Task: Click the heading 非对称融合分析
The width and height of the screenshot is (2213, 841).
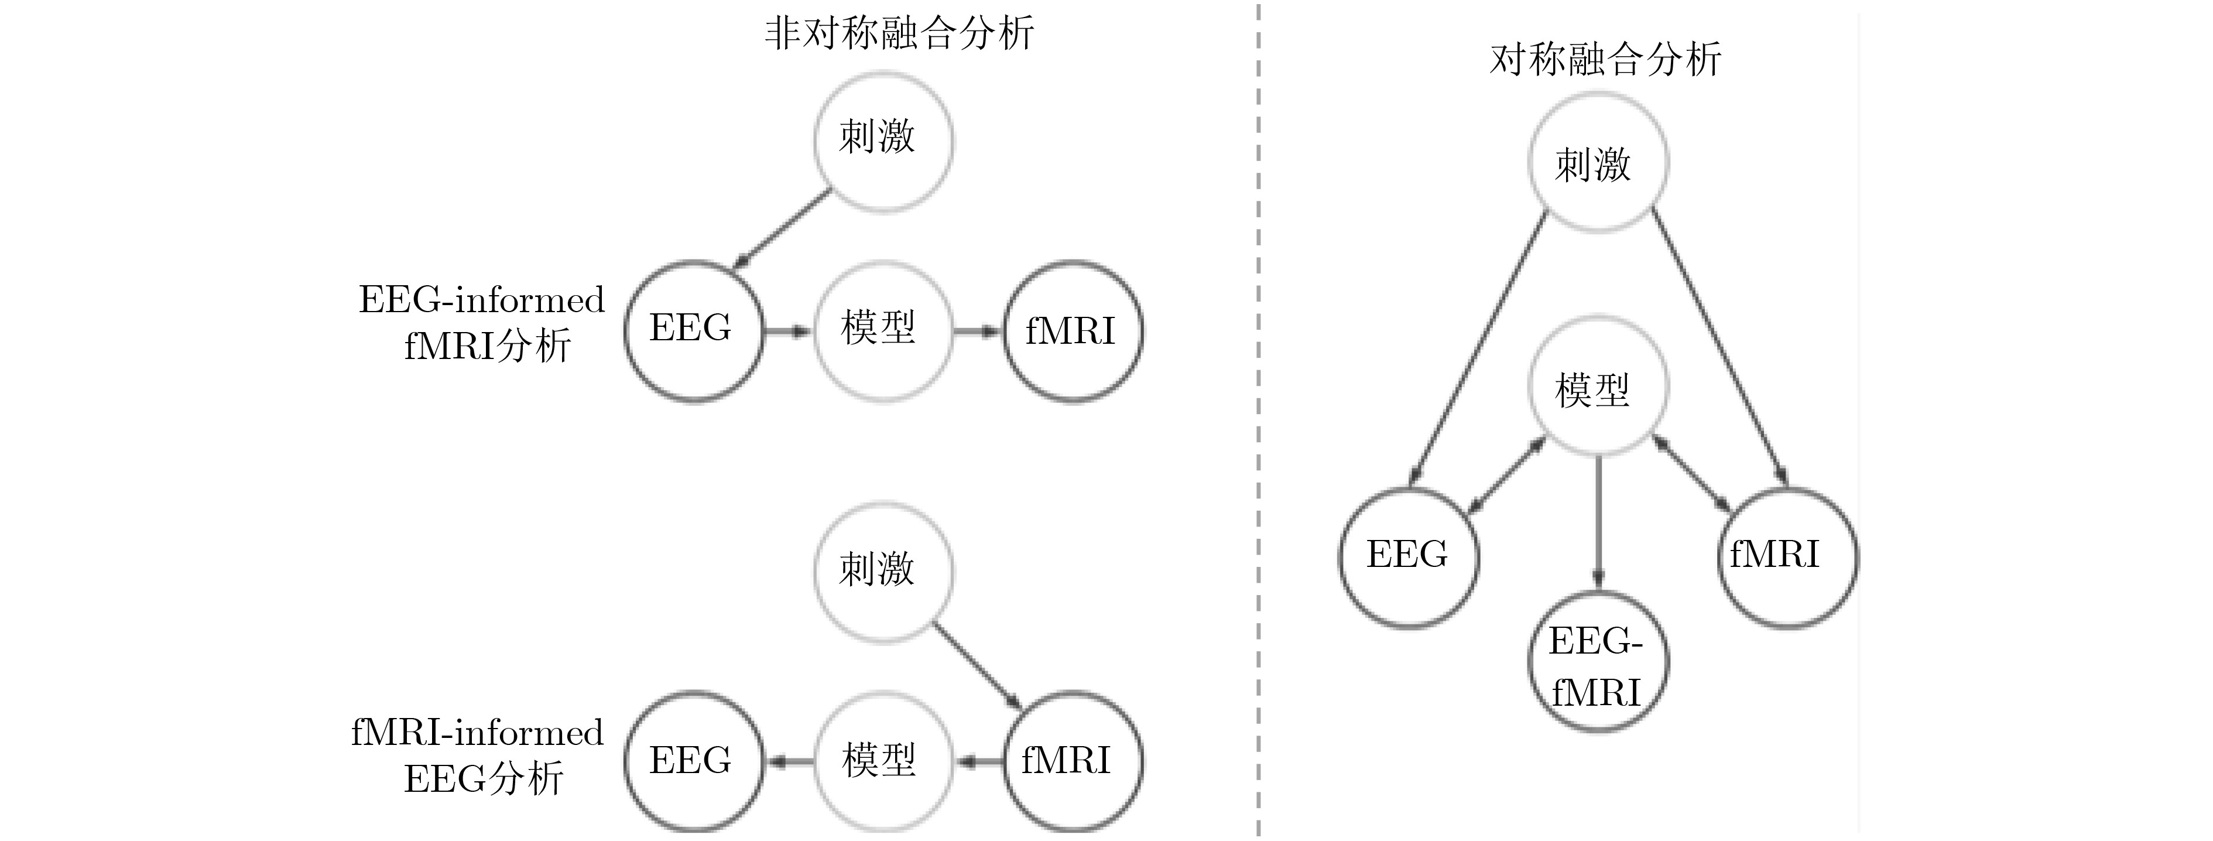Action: (x=899, y=35)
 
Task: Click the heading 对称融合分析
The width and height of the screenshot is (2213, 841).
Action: (x=1605, y=59)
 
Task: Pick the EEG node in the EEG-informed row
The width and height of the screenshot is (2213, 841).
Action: (x=693, y=330)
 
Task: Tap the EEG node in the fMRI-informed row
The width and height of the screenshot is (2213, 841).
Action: (x=693, y=761)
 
